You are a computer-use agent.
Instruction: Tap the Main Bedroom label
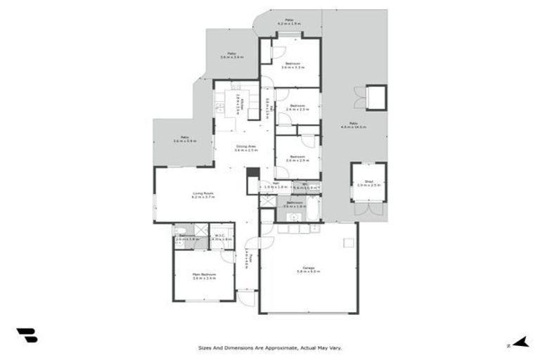204,274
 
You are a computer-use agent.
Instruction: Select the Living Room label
203,193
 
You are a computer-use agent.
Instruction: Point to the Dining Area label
245,146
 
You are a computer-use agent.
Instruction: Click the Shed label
368,181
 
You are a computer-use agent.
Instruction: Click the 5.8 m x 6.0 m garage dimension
308,271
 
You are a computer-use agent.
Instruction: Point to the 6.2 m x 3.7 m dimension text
203,198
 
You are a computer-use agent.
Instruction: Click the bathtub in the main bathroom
314,207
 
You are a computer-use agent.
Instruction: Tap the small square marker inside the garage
347,243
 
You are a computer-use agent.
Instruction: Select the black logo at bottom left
27,335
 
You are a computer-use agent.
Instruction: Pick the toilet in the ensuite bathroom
180,230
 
